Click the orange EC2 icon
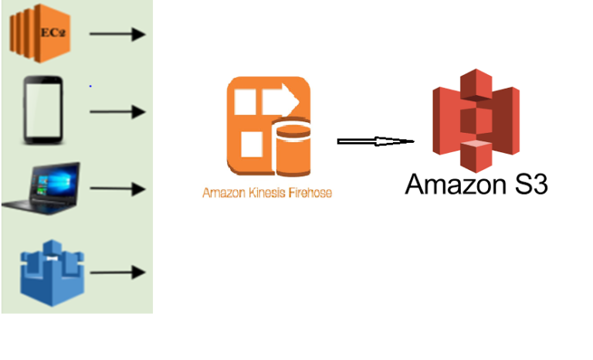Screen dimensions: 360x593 [39, 32]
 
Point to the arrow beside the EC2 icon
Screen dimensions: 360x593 [117, 34]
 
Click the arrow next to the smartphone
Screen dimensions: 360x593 [117, 112]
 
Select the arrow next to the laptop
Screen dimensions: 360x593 [117, 188]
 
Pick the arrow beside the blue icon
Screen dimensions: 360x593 [117, 272]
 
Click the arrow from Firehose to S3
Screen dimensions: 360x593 [375, 141]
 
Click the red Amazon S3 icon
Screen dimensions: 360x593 [475, 120]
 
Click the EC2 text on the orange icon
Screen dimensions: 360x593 [51, 34]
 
